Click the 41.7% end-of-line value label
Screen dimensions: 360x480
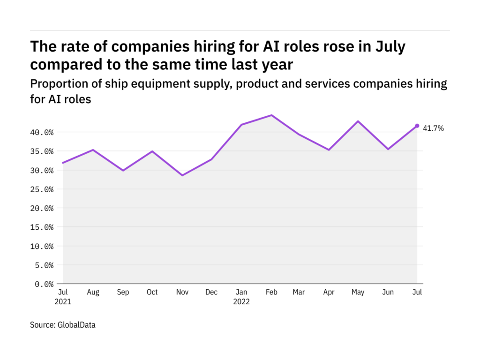[x=434, y=128]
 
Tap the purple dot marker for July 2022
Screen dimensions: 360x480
[x=417, y=126]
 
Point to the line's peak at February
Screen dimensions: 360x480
[x=271, y=115]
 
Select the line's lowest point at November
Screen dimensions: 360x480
[x=182, y=175]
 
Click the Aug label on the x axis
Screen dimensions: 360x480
[x=93, y=292]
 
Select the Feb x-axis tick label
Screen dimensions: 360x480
[x=271, y=292]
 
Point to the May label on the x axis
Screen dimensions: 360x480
[x=358, y=292]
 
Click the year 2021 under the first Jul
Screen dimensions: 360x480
[x=63, y=302]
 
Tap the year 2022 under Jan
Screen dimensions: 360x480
[x=241, y=302]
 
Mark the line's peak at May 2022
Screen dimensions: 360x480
[x=358, y=121]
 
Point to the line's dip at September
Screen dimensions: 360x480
[x=123, y=170]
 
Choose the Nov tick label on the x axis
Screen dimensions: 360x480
[x=182, y=292]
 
